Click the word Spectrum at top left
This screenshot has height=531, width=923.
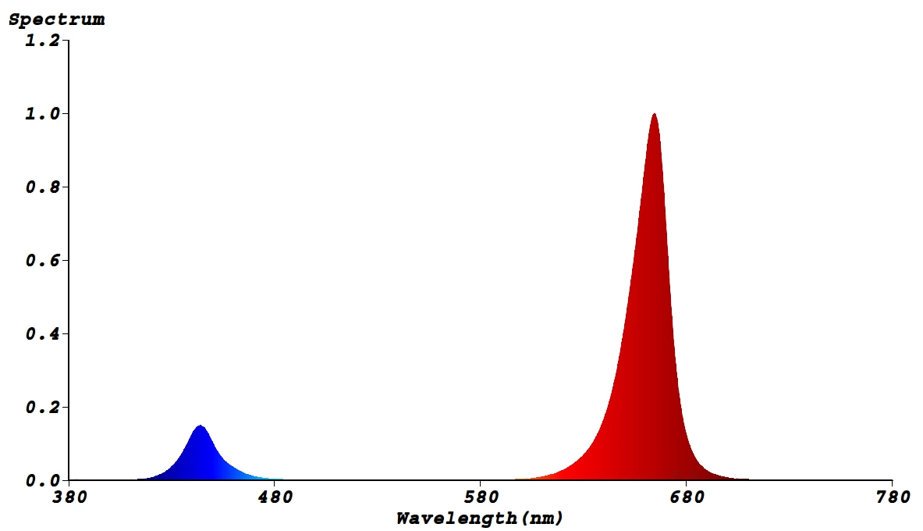tap(56, 20)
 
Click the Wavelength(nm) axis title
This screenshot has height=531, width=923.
tap(479, 518)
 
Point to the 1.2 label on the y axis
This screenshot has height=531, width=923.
tap(42, 40)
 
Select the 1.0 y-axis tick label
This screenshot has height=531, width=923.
tap(42, 114)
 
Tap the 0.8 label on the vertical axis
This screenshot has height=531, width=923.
tap(42, 187)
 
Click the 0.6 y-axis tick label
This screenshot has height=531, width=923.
tap(42, 260)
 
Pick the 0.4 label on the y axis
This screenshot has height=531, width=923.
tap(42, 334)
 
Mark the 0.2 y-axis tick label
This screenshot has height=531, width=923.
tap(42, 408)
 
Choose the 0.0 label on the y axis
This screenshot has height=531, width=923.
tap(42, 480)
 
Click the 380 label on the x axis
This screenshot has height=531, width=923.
tap(69, 497)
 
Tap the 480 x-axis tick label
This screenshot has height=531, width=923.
tap(275, 497)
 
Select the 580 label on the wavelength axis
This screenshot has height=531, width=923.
tap(481, 497)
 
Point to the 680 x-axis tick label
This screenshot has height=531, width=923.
tap(687, 497)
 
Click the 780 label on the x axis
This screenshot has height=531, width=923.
tap(892, 497)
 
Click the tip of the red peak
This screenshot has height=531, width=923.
tap(654, 114)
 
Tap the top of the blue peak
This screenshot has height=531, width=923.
tap(201, 426)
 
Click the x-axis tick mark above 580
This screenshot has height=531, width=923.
tap(481, 483)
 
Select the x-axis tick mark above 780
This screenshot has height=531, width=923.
tap(892, 483)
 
